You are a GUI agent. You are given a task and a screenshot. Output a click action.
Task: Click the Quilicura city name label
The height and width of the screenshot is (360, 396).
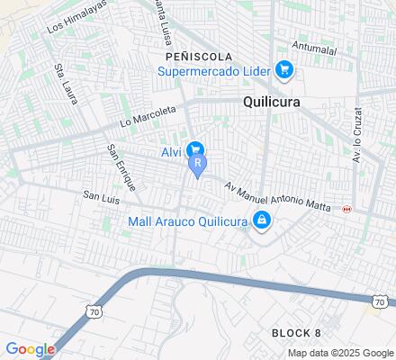point(272,103)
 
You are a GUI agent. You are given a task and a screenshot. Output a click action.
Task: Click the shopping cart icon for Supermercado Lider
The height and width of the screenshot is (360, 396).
point(283,68)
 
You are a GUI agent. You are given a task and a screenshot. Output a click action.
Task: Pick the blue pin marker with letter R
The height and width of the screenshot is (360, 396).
point(197,166)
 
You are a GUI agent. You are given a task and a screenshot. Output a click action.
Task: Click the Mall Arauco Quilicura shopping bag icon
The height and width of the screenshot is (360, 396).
point(261,219)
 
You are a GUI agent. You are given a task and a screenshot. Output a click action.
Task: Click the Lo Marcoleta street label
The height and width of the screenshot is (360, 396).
point(148,118)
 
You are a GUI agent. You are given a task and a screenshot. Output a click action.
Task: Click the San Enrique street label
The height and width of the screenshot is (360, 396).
point(120,166)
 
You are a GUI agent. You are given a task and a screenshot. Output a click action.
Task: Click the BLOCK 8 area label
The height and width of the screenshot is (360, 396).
point(296,333)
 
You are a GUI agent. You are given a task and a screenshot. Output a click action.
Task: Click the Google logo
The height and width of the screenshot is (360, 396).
point(30,349)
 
